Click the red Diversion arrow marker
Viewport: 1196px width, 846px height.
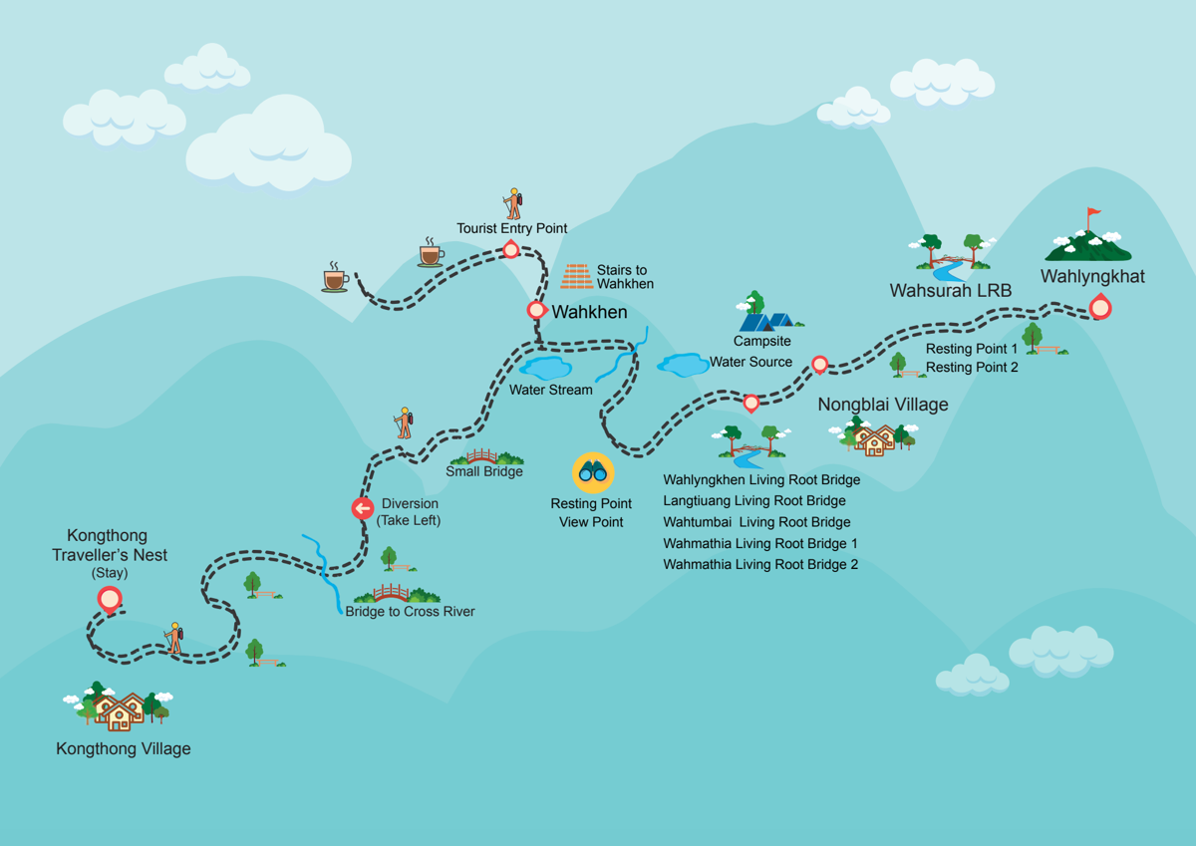363,508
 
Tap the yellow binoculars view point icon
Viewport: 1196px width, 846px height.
593,472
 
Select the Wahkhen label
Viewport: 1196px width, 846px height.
589,312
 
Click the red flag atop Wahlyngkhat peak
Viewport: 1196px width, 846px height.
1094,212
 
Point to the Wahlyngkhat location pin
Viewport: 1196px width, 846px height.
1100,306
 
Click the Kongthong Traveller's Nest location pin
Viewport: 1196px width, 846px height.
110,600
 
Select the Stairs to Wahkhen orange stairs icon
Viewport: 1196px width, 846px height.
577,276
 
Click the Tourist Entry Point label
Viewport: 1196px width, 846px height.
511,228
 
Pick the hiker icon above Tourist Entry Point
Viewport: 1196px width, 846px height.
513,203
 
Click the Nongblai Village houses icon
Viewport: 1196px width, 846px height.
873,436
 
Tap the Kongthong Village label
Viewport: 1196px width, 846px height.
124,749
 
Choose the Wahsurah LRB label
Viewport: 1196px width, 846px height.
951,290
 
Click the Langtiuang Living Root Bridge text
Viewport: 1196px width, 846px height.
754,500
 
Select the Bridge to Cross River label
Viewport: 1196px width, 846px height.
410,611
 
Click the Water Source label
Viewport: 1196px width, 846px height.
750,362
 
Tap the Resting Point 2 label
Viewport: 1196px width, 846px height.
972,368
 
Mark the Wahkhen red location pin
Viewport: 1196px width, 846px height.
536,310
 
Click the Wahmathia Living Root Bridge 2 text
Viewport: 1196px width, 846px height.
760,564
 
